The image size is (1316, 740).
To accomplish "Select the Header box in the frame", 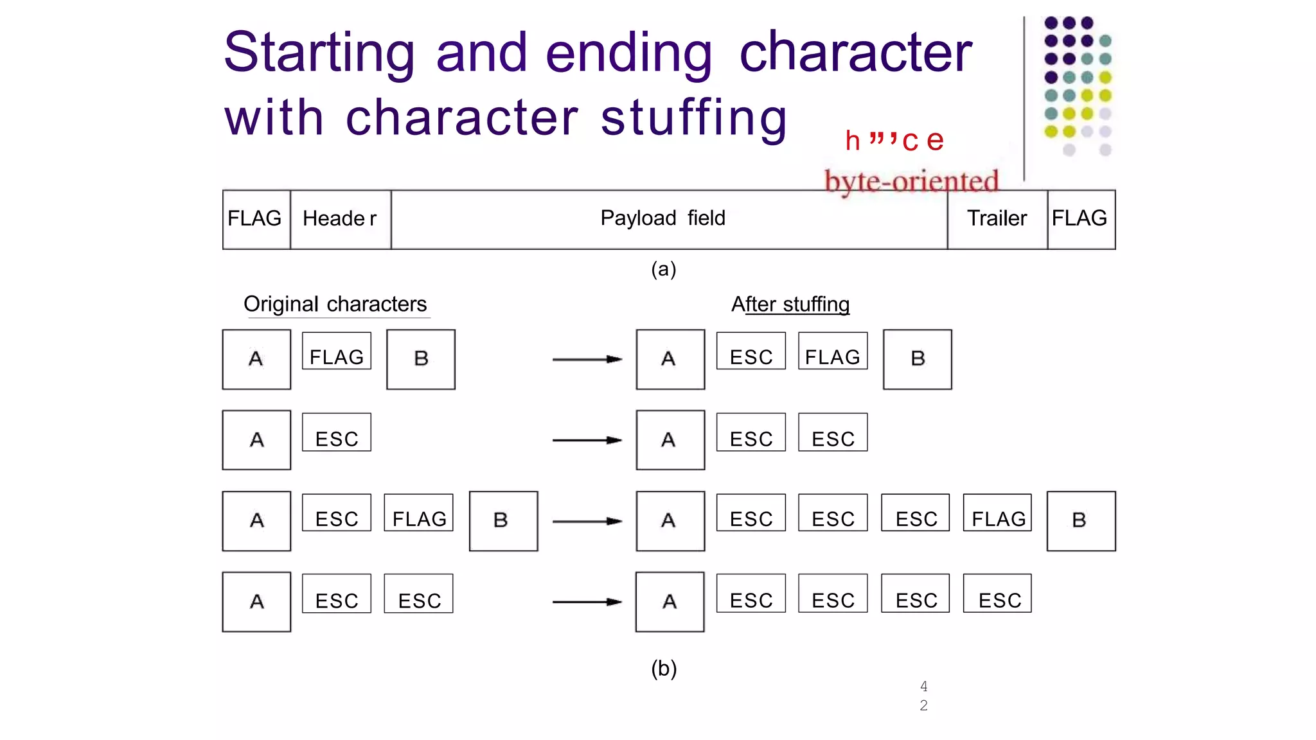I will pos(340,219).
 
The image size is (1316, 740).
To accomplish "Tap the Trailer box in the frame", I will pos(997,219).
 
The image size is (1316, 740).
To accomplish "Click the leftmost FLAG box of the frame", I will pos(256,219).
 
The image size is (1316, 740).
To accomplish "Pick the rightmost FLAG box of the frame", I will pos(1081,219).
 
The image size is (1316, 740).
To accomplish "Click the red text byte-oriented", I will pos(911,182).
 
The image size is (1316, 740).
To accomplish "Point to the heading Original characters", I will pos(335,304).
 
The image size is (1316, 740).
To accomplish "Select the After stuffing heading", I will pos(790,304).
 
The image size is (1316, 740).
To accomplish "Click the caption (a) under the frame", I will pos(663,269).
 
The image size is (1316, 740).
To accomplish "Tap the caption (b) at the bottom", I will pos(664,669).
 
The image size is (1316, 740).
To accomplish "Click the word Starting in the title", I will pos(319,53).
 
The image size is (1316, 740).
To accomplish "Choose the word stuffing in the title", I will pos(694,118).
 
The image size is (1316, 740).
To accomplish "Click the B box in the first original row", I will pos(421,359).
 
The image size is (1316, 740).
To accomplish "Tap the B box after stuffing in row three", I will pos(1081,521).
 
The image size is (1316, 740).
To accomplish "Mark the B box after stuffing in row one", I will pos(918,359).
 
